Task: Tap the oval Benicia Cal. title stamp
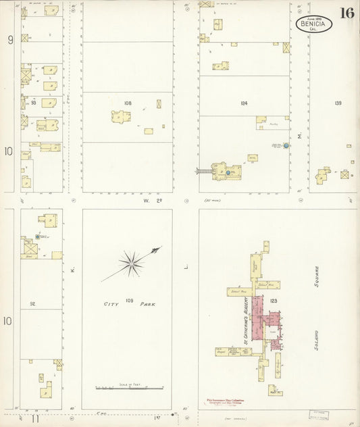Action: pyautogui.click(x=313, y=24)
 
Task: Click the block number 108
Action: pyautogui.click(x=128, y=103)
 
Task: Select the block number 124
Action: pyautogui.click(x=244, y=103)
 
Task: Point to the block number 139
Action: pyautogui.click(x=337, y=103)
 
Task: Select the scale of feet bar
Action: pyautogui.click(x=128, y=388)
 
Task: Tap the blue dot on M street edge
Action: pyautogui.click(x=286, y=145)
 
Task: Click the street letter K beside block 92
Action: pyautogui.click(x=71, y=271)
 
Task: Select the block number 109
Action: pyautogui.click(x=129, y=298)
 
